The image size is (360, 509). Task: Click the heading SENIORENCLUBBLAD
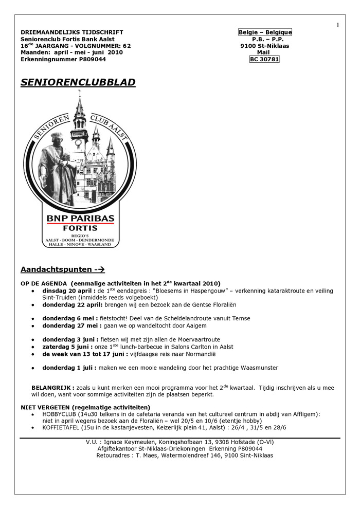78,82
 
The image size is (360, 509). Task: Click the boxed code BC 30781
264,59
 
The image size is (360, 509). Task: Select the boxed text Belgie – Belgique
265,32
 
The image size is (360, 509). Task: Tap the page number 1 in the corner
338,25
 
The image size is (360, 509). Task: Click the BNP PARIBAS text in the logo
81,219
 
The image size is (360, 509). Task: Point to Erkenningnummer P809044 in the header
63,59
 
